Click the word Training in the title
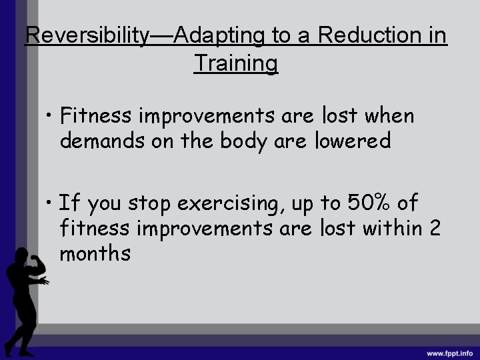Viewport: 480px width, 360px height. (x=235, y=63)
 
